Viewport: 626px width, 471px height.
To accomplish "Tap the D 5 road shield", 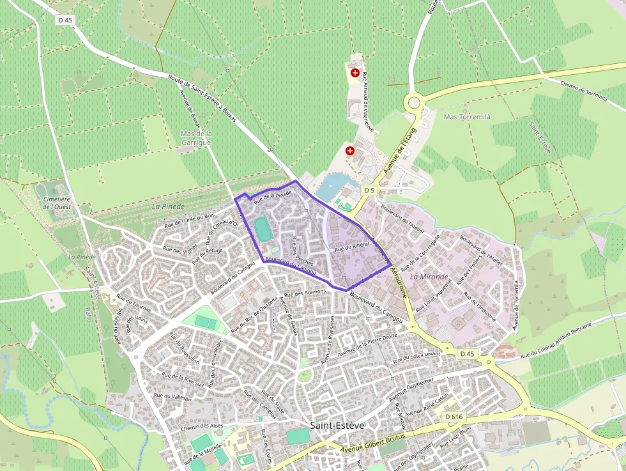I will [369, 190].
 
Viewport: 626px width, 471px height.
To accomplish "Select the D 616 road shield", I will [452, 417].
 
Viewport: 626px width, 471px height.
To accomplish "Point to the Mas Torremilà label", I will [467, 117].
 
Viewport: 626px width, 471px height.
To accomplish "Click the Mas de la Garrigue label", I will [196, 138].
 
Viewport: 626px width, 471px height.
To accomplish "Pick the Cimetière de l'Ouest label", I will [57, 203].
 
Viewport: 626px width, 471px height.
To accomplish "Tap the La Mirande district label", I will [429, 277].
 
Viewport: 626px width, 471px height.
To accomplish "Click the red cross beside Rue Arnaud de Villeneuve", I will [355, 73].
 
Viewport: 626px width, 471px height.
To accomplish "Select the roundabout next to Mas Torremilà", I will [415, 102].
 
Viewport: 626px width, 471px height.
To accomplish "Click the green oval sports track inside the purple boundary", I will [261, 228].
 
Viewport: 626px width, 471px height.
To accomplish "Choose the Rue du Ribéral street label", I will [349, 246].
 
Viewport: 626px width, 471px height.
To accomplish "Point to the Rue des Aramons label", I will [305, 293].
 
